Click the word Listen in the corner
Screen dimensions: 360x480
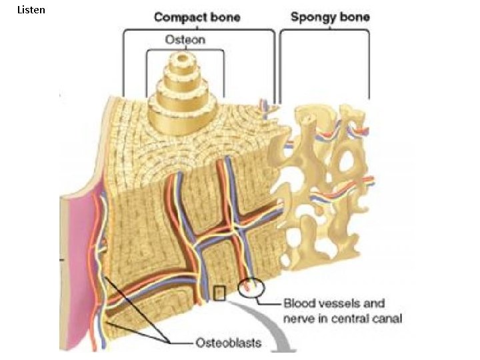[31, 10]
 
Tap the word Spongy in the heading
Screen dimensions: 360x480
[313, 17]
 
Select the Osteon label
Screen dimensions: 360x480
[185, 39]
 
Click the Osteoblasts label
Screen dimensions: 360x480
[228, 343]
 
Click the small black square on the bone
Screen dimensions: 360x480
[219, 293]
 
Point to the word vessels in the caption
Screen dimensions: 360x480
[341, 303]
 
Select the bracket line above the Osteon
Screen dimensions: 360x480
[185, 49]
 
